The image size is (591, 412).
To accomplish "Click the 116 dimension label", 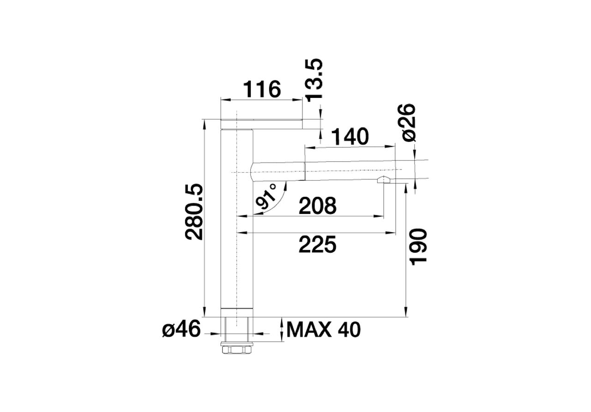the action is (x=262, y=89).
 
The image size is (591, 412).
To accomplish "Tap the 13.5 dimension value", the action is (x=314, y=80).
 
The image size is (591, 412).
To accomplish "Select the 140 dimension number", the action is (x=350, y=136).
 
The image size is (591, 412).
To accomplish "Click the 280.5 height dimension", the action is (x=194, y=212).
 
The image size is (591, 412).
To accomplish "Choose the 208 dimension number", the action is (x=317, y=206).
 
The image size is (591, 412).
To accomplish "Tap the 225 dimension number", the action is (x=317, y=245).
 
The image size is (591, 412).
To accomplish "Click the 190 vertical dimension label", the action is (x=418, y=247).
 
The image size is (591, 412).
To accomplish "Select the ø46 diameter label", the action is (x=181, y=329).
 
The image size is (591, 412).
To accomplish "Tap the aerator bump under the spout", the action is (x=384, y=180).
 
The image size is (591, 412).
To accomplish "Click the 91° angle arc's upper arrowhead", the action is (x=285, y=186).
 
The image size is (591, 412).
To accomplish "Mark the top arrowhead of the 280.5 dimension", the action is (x=204, y=125).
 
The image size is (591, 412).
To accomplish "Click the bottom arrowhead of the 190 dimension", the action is (x=406, y=311).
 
